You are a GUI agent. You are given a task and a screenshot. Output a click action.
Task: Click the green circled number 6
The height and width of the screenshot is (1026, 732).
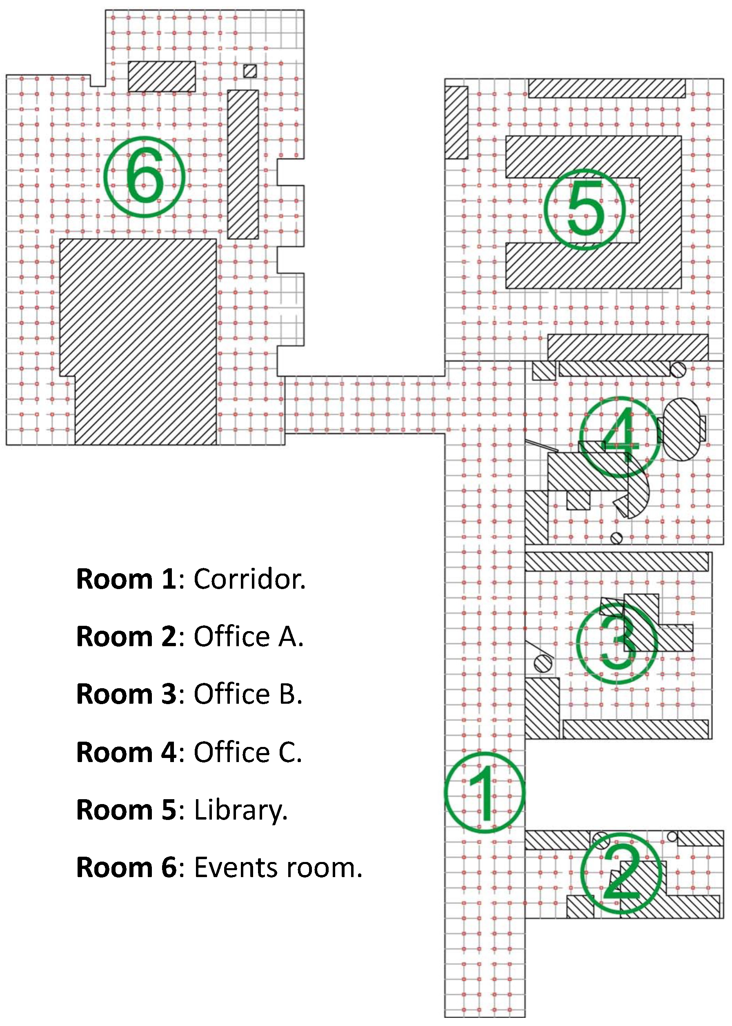[x=144, y=177]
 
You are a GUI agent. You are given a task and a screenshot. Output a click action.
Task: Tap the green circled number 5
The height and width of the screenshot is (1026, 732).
[x=585, y=209]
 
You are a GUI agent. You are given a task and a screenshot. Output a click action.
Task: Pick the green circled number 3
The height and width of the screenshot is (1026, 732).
[x=617, y=643]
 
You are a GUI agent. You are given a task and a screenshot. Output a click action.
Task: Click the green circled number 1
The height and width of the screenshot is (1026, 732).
[x=485, y=792]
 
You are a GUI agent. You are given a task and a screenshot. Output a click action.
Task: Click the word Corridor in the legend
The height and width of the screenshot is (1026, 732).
[x=250, y=579]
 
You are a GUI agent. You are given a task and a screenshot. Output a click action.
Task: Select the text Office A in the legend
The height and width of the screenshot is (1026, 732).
[x=249, y=636]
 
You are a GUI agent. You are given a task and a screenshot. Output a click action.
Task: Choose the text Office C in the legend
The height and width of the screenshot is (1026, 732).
[x=248, y=752]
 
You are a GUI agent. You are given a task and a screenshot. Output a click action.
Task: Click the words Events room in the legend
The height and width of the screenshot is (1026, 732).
[x=278, y=867]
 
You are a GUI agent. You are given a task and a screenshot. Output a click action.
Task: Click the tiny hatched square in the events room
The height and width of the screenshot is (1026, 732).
[x=250, y=71]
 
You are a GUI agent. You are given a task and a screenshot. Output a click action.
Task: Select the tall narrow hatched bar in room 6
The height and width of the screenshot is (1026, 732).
[x=243, y=164]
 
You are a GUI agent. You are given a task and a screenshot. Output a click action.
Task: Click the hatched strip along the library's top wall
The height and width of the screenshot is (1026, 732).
[x=607, y=88]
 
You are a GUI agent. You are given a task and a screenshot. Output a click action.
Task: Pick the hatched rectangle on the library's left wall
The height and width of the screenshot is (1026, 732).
[x=456, y=122]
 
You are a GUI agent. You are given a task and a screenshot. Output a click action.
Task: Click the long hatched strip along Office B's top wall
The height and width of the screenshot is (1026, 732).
[x=616, y=562]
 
